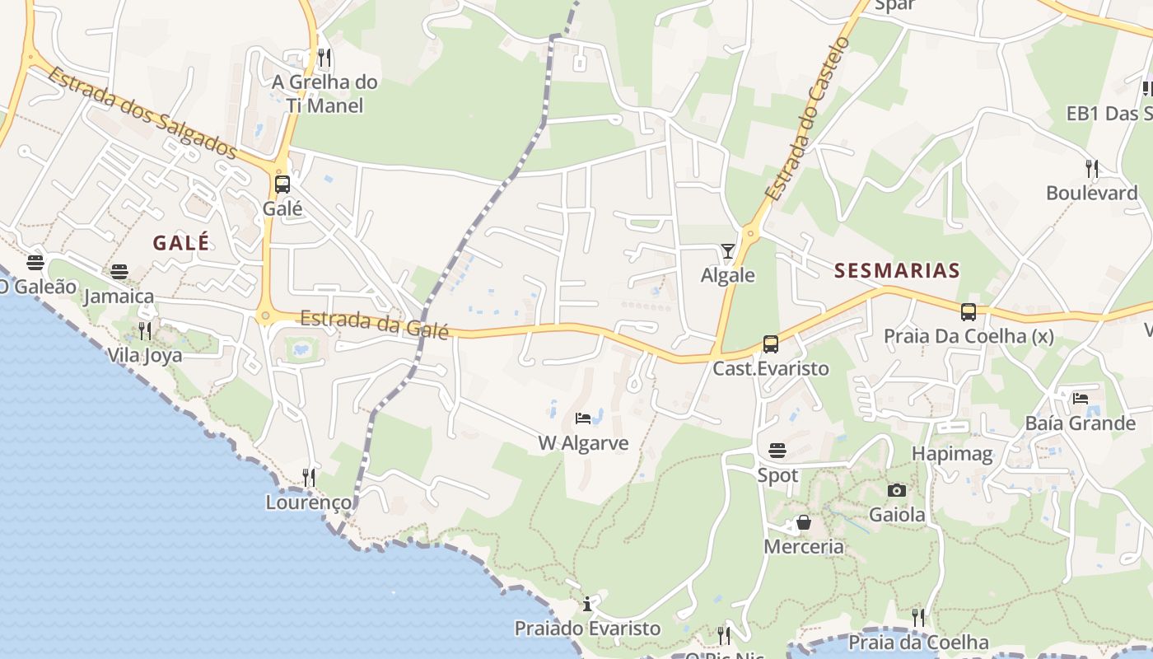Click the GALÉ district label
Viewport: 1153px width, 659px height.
pyautogui.click(x=180, y=242)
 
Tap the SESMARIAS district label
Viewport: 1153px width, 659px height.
pyautogui.click(x=897, y=270)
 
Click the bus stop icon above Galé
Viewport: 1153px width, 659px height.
pyautogui.click(x=282, y=184)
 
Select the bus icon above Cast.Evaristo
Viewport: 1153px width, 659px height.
pyautogui.click(x=770, y=344)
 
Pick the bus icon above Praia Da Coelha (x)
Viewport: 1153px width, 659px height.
pyautogui.click(x=969, y=312)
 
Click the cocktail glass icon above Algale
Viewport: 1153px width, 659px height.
pyautogui.click(x=727, y=250)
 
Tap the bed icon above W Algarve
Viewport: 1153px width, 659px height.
pyautogui.click(x=583, y=418)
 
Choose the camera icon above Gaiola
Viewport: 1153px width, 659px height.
pyautogui.click(x=897, y=490)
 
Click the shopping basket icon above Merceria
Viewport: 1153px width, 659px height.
pyautogui.click(x=803, y=522)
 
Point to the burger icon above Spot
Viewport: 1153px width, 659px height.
pyautogui.click(x=777, y=450)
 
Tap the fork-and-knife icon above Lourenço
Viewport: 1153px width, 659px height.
pyautogui.click(x=308, y=477)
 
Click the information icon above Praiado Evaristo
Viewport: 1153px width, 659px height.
pyautogui.click(x=587, y=604)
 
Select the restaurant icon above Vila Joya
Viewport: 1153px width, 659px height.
pyautogui.click(x=145, y=331)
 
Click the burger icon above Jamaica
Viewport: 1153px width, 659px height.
pyautogui.click(x=119, y=271)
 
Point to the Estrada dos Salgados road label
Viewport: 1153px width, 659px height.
pyautogui.click(x=142, y=113)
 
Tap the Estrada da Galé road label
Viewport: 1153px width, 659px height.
pyautogui.click(x=374, y=323)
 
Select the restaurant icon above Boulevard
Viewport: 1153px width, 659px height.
pyautogui.click(x=1092, y=168)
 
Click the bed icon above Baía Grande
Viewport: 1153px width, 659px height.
pyautogui.click(x=1081, y=398)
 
